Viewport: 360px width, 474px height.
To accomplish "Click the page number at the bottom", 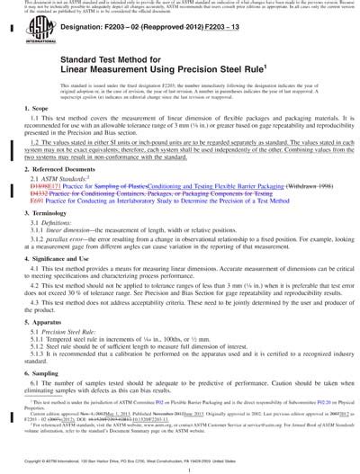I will point(180,469).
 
